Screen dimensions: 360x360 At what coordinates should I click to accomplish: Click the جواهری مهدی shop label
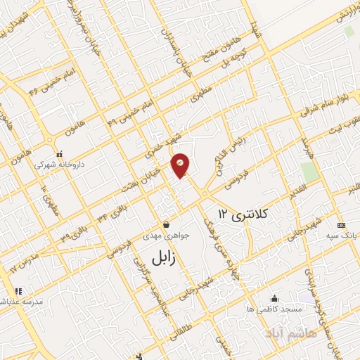(165, 238)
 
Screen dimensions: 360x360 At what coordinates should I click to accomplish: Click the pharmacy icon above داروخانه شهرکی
(60, 153)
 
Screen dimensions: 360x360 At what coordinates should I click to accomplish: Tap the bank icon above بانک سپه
(342, 226)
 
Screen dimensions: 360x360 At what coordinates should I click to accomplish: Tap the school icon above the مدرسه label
(18, 290)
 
